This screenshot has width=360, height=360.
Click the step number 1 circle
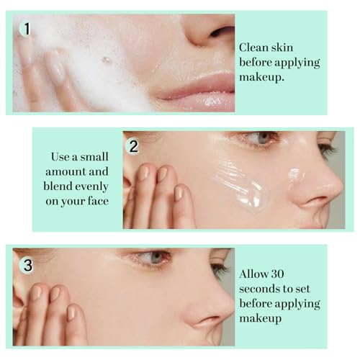27,30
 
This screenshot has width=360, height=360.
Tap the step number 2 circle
133,146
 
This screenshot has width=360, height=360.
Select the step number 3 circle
27,265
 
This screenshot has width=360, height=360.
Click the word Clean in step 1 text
256,46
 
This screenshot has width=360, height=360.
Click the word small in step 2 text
95,156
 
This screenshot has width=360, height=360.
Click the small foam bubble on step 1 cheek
107,61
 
